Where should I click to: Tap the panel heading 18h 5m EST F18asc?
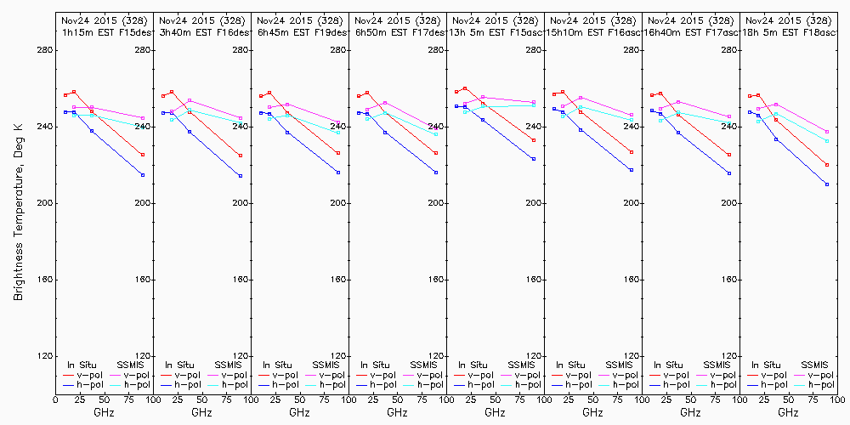(787, 31)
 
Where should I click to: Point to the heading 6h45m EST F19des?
(299, 31)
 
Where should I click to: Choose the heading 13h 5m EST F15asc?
(494, 31)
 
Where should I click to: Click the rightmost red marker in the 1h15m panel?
(143, 155)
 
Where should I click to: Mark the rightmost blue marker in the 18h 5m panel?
(827, 184)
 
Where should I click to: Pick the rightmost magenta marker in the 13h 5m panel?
(534, 103)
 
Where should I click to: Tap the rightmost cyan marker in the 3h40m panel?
(241, 119)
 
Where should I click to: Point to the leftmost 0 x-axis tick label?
(55, 398)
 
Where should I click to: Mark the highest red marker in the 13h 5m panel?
(465, 88)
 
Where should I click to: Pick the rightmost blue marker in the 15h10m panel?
(632, 170)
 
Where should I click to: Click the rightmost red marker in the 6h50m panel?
(436, 153)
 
